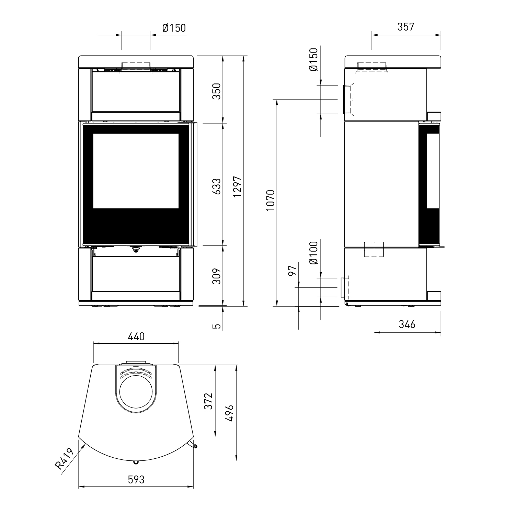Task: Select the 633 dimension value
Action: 217,186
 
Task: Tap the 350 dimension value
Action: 217,91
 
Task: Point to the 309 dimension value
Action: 217,276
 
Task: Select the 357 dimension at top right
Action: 406,27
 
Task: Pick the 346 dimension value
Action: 407,324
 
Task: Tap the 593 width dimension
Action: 136,480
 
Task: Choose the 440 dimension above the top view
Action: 136,336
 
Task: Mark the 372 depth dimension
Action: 209,401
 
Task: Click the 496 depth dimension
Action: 229,413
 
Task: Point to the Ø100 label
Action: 313,253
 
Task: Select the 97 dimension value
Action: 293,271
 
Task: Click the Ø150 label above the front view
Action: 174,27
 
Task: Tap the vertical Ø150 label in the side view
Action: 313,60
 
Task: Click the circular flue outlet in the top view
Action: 136,394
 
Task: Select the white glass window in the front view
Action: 136,171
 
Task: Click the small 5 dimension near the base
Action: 216,325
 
